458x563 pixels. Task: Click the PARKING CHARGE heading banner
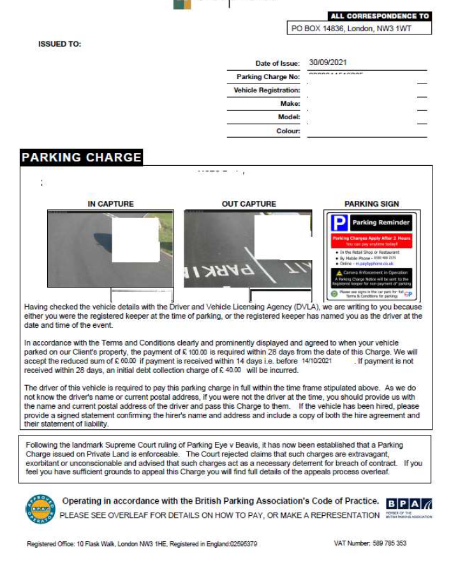(81, 157)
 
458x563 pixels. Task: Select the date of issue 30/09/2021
(327, 62)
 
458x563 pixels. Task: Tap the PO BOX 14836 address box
(360, 28)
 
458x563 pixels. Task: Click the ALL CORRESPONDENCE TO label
(380, 16)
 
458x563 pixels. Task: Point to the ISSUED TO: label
(60, 45)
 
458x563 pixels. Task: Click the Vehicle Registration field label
(267, 91)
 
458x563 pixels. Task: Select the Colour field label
(288, 131)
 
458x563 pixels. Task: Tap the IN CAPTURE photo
(110, 249)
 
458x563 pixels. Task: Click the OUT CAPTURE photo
(248, 249)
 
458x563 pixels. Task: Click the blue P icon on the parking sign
(340, 223)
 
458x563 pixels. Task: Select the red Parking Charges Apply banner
(371, 241)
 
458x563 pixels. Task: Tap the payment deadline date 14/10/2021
(316, 361)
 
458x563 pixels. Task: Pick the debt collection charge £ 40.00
(230, 369)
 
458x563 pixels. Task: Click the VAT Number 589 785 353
(370, 543)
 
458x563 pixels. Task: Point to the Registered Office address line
(142, 544)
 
